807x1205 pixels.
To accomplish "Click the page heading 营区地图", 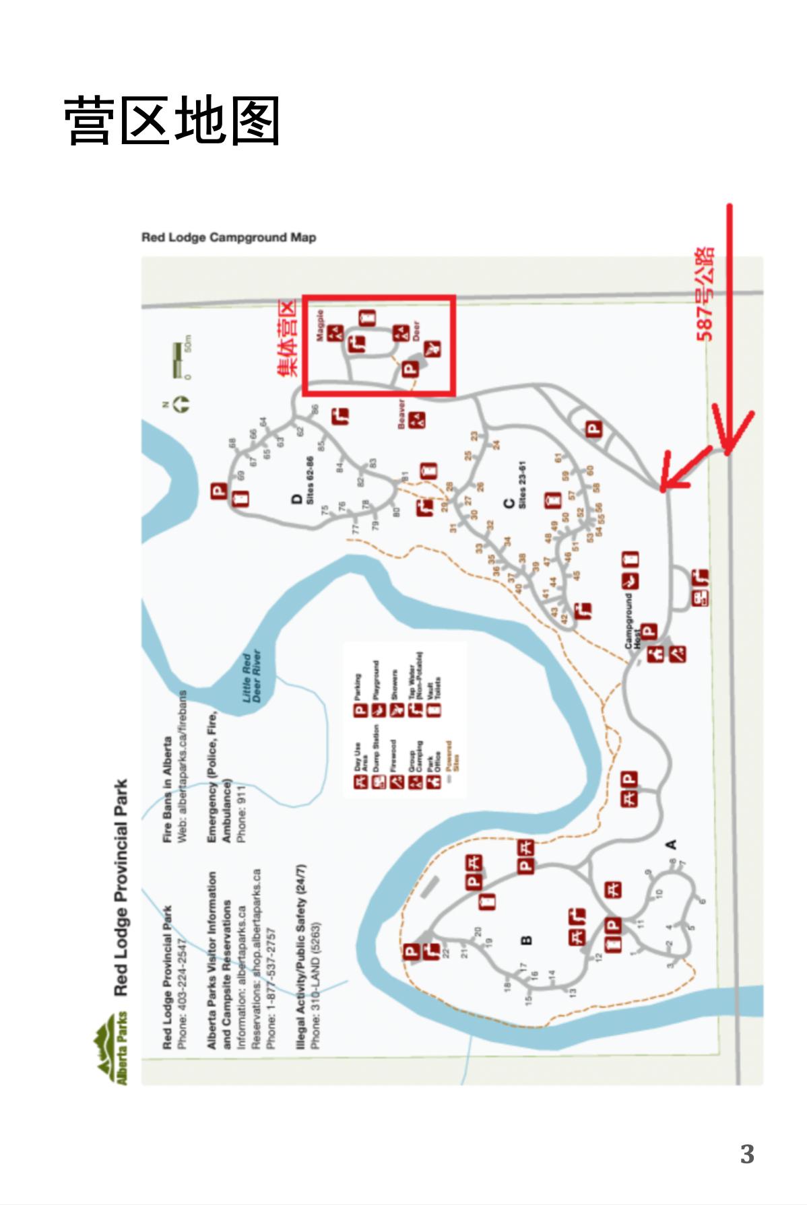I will coord(172,120).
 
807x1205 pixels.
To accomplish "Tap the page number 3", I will coord(747,1154).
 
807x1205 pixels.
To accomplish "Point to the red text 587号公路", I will coord(705,294).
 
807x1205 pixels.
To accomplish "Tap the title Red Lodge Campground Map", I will coord(228,238).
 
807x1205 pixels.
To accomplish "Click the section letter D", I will coord(297,500).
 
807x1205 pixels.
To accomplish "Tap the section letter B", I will coord(527,940).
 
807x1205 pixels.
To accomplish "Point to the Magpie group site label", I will coord(321,326).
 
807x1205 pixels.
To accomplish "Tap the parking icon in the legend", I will coord(360,710).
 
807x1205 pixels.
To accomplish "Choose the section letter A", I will coord(671,844).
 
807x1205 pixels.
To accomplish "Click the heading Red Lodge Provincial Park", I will coord(121,887).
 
